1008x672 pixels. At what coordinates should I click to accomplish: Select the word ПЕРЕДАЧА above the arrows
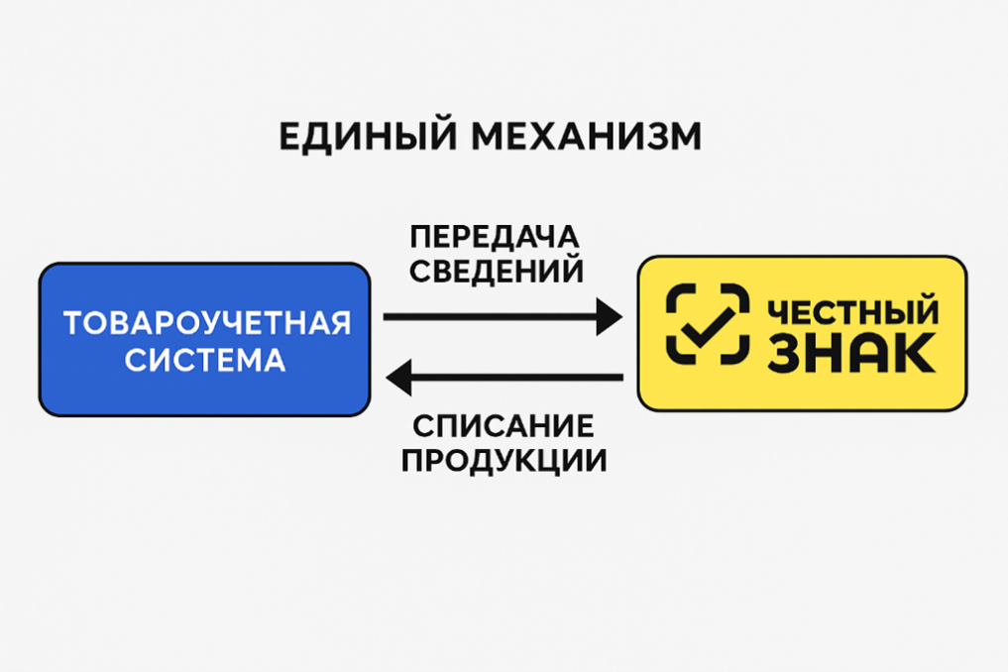pyautogui.click(x=495, y=238)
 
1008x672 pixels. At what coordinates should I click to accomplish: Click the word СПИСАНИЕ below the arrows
pyautogui.click(x=504, y=427)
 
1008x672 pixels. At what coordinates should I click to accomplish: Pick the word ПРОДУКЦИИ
pyautogui.click(x=504, y=461)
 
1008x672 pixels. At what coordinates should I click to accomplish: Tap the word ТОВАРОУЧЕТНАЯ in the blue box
pyautogui.click(x=207, y=323)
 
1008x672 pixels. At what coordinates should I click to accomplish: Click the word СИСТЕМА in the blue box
pyautogui.click(x=205, y=359)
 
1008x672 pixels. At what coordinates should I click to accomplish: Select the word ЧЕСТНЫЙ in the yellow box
pyautogui.click(x=852, y=312)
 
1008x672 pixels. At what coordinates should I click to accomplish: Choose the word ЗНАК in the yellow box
pyautogui.click(x=851, y=353)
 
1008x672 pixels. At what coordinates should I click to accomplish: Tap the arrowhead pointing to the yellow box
pyautogui.click(x=608, y=317)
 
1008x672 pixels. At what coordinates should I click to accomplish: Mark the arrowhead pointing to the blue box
pyautogui.click(x=399, y=377)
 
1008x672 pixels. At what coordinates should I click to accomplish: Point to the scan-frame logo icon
pyautogui.click(x=707, y=323)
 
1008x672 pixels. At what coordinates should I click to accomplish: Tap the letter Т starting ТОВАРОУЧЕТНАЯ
pyautogui.click(x=72, y=323)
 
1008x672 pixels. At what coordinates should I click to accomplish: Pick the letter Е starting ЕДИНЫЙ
pyautogui.click(x=290, y=137)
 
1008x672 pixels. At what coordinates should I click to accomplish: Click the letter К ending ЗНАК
pyautogui.click(x=917, y=353)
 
